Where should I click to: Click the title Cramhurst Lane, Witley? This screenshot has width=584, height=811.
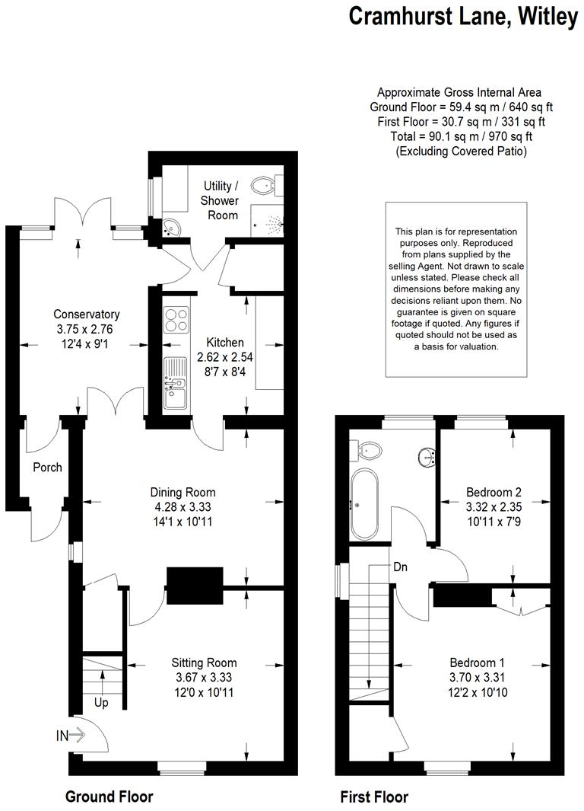coord(463,17)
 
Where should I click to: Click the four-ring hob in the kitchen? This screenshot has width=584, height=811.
coord(176,318)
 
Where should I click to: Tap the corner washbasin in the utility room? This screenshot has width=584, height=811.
coord(171,226)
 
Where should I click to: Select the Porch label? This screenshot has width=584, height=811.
coord(47,467)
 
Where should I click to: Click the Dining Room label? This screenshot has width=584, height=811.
coord(182,492)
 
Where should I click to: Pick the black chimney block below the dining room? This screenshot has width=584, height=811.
coord(195,586)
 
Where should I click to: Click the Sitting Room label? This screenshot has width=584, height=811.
coord(204,663)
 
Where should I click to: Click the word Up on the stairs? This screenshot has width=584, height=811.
coord(101,703)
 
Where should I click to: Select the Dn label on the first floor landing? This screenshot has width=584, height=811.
coord(401,567)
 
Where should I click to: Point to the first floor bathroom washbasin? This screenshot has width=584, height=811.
coord(425,458)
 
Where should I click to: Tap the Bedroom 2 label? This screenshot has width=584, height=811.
coord(494,492)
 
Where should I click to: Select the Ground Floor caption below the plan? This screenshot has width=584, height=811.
coord(109,797)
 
